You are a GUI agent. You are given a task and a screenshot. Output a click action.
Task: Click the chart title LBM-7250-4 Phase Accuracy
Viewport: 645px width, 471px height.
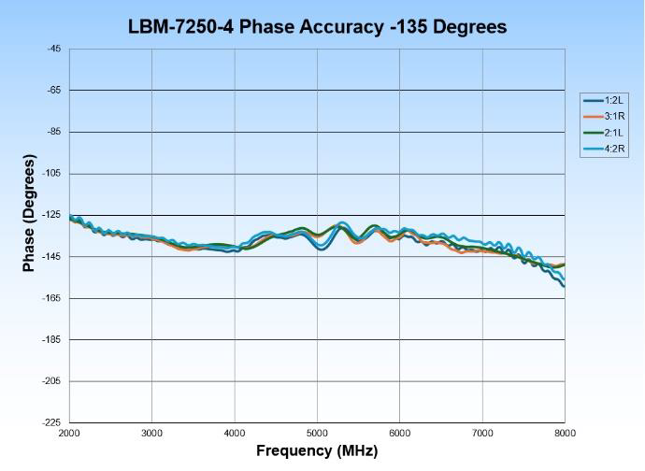point(318,27)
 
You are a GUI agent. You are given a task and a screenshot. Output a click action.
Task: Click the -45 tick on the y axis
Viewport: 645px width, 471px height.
point(54,49)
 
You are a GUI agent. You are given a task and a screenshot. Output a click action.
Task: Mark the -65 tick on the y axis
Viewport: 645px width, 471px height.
point(54,91)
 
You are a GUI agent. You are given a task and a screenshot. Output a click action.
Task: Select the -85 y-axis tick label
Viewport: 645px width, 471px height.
point(54,132)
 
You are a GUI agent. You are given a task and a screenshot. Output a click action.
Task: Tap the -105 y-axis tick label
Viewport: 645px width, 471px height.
point(52,174)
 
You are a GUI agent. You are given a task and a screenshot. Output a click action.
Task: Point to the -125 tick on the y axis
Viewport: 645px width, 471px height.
point(52,215)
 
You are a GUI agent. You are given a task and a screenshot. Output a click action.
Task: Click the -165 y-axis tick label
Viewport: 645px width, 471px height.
point(52,298)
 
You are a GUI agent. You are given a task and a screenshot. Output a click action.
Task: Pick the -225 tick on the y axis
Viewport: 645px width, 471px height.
point(52,422)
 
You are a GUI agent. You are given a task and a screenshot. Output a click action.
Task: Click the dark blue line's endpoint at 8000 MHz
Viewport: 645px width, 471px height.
point(565,285)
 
